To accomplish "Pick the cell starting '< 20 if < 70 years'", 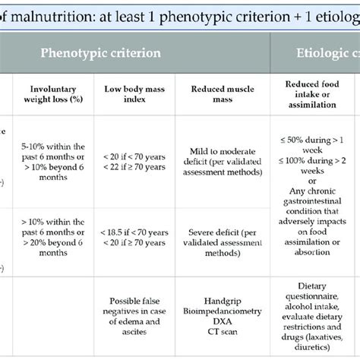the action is [131, 162].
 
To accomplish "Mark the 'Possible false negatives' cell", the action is [131, 311].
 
